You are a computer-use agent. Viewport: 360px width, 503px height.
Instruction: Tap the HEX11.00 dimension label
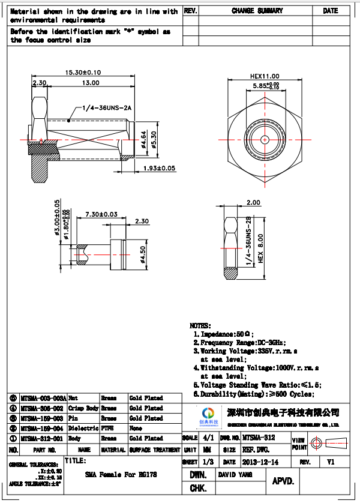265,76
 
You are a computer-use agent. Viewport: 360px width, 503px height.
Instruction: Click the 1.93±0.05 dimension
159,169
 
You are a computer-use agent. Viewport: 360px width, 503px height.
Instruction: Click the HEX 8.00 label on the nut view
260,247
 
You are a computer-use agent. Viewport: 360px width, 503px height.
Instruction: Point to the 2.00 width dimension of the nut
253,202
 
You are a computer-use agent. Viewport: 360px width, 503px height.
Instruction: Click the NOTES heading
200,324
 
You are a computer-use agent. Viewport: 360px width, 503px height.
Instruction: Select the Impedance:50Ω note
226,333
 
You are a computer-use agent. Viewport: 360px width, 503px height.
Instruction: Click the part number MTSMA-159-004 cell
41,428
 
